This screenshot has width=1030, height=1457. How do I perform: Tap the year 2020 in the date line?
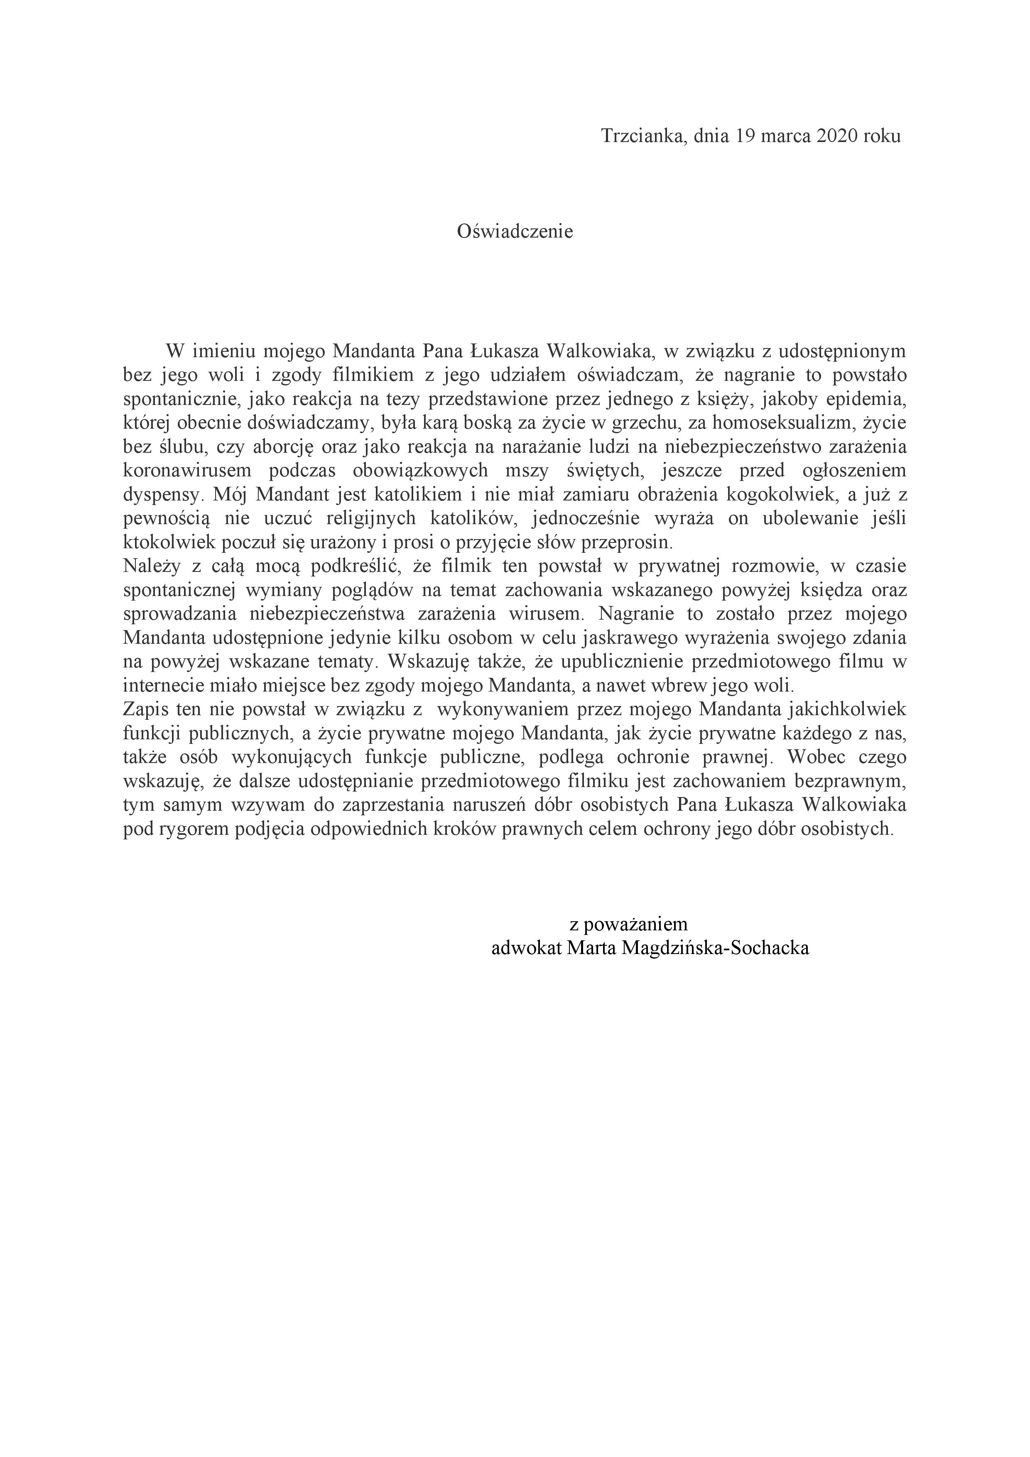[x=833, y=136]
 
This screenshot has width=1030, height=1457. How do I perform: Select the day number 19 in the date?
[x=747, y=136]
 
